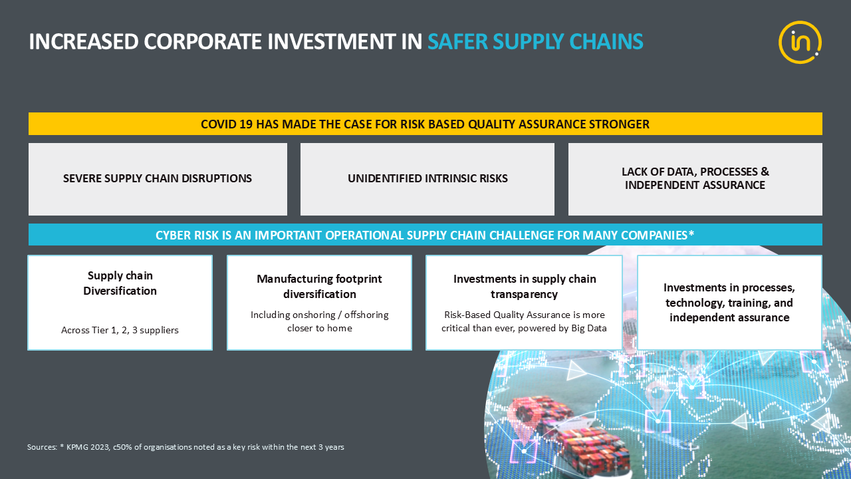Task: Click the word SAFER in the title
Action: coord(457,41)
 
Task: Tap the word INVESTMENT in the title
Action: coord(331,41)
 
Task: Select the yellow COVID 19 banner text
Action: coord(425,124)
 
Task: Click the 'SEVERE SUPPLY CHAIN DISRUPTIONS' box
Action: coord(158,178)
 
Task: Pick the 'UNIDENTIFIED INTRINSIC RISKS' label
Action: coord(427,178)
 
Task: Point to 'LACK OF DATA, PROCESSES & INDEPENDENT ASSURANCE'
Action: coord(695,178)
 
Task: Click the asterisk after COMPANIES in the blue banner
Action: coord(691,234)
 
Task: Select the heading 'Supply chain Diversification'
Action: coord(120,283)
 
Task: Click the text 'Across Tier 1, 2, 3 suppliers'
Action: coord(120,330)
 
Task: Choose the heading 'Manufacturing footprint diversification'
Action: coord(320,286)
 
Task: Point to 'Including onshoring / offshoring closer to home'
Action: coord(320,321)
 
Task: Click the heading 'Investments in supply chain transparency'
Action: coord(525,286)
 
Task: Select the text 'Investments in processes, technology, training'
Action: coord(729,295)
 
